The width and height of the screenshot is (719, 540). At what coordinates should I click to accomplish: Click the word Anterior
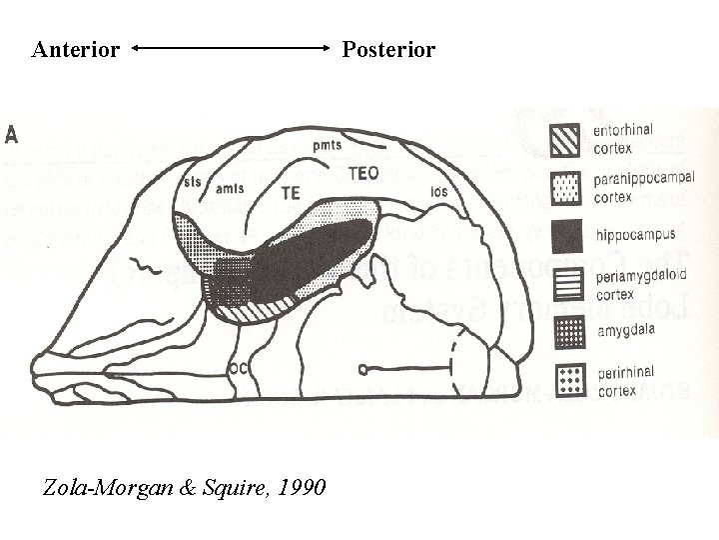tap(76, 49)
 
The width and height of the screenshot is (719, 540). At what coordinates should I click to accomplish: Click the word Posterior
tap(389, 49)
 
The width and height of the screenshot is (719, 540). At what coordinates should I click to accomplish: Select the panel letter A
tap(13, 135)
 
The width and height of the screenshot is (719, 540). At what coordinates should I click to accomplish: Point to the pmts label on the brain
tap(327, 145)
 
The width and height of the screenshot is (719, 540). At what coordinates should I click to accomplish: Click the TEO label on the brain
tap(363, 173)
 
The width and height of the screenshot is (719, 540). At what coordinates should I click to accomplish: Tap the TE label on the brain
tap(291, 192)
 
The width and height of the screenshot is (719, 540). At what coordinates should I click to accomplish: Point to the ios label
tap(438, 191)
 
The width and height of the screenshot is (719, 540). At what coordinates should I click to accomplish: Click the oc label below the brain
tap(240, 367)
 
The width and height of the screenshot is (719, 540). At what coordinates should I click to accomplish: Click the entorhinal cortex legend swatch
tap(566, 140)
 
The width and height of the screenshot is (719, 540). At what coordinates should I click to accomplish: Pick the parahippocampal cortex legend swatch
tap(566, 187)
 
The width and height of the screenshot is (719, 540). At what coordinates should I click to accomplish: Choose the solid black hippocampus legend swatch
tap(566, 235)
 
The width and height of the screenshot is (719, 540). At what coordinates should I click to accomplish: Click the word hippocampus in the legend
tap(635, 235)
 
